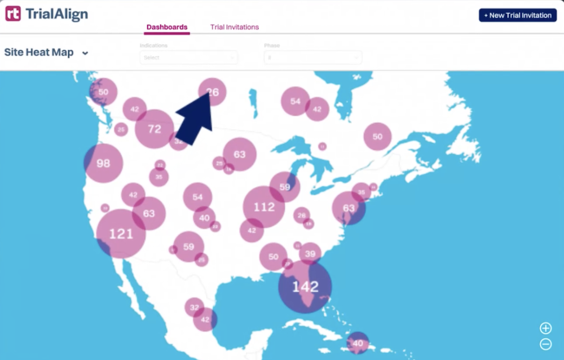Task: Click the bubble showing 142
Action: [305, 287]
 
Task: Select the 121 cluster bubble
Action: [121, 234]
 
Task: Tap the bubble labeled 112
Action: [263, 207]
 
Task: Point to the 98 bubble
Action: [103, 164]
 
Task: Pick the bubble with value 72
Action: [155, 129]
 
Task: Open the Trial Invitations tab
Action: [235, 27]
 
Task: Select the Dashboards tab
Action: [167, 27]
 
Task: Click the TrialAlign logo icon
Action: [13, 14]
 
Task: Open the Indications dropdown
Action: [188, 58]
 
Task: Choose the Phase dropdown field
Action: [312, 58]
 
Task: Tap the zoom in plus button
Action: [545, 328]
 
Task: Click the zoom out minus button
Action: [545, 344]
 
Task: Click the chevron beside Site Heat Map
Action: [85, 53]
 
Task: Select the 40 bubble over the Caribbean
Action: [358, 343]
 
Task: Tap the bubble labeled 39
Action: [310, 254]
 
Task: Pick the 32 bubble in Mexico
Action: [194, 308]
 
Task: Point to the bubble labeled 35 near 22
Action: [159, 177]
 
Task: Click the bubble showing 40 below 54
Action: [204, 218]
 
